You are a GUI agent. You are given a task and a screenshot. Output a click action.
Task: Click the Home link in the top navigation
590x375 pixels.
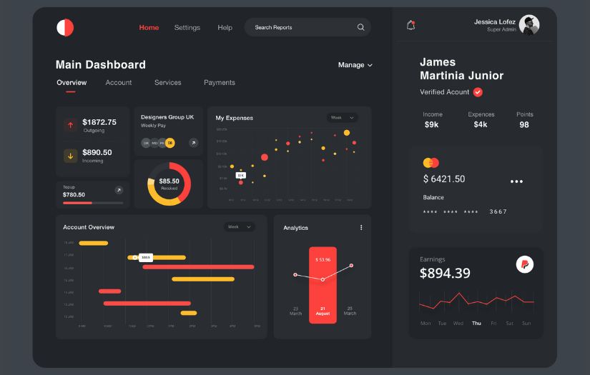149,27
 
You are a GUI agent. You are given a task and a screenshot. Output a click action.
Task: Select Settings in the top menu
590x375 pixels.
187,27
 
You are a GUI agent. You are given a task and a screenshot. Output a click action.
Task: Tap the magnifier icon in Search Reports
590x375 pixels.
360,27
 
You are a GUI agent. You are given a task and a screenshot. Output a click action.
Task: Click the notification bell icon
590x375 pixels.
410,25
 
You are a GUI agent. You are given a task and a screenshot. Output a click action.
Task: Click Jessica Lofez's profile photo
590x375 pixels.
529,25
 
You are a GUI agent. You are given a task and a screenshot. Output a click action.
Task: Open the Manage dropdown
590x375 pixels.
355,65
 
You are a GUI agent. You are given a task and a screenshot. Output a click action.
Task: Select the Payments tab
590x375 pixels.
220,83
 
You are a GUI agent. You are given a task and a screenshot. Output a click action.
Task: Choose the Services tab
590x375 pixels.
168,83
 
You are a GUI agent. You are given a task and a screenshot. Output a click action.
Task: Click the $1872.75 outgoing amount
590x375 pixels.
99,122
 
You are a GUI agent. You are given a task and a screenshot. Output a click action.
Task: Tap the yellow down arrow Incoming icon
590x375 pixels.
70,156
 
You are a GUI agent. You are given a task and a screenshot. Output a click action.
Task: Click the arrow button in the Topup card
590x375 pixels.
119,190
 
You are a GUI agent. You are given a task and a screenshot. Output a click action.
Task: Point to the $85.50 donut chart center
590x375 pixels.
169,184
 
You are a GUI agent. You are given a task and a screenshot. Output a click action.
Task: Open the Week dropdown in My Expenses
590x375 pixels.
342,118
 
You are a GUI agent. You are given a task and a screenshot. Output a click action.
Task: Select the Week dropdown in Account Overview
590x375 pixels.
239,227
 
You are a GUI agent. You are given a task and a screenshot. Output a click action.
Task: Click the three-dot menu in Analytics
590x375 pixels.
361,228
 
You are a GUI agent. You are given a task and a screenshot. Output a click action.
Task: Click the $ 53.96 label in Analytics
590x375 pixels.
323,259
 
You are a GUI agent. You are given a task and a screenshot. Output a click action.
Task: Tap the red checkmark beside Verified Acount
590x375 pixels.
478,92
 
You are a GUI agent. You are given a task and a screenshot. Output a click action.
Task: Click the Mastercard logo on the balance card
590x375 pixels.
431,163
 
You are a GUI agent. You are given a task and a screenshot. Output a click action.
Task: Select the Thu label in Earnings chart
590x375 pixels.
476,324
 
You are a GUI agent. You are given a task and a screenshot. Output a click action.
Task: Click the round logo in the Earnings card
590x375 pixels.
525,264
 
